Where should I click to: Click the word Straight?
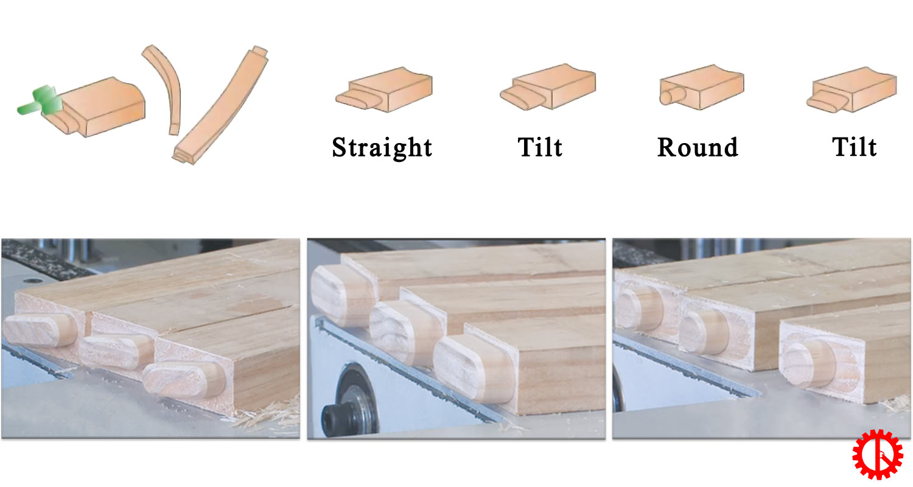(382, 147)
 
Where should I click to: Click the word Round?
(698, 147)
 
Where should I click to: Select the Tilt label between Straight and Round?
(540, 147)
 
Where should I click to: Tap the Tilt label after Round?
(855, 147)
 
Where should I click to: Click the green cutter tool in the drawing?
(41, 101)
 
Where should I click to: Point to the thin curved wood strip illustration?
(165, 88)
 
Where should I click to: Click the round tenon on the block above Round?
(672, 97)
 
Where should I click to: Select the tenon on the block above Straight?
(357, 99)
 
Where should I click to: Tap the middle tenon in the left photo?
(116, 351)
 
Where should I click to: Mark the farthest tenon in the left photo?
(40, 329)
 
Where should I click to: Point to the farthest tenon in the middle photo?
(343, 295)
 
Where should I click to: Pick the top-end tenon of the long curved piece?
(260, 52)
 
